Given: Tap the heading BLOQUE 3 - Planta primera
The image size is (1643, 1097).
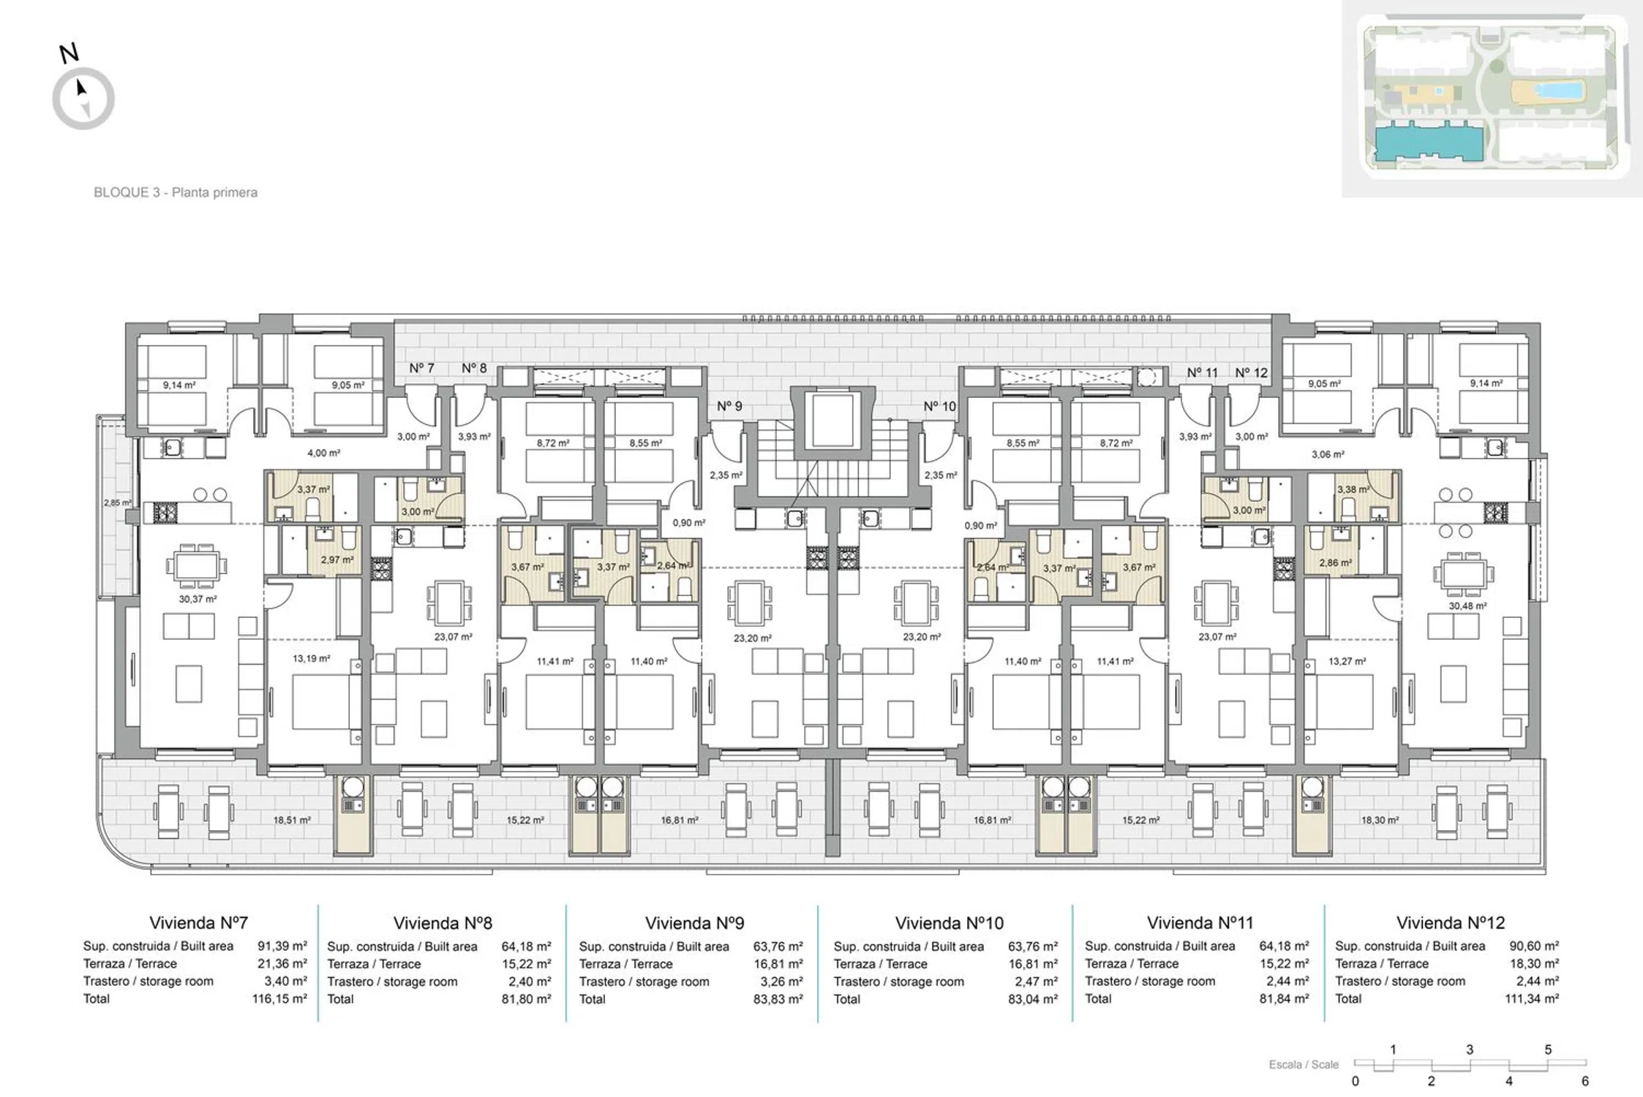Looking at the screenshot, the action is [x=176, y=192].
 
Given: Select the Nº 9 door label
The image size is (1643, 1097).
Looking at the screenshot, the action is [x=729, y=406].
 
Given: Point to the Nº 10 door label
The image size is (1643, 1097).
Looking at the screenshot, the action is [x=939, y=406].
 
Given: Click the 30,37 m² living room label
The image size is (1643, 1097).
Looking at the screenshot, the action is [x=198, y=599].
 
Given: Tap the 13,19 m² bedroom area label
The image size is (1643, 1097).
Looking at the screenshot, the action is [x=312, y=658].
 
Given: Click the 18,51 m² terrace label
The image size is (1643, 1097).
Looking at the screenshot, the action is [x=292, y=821].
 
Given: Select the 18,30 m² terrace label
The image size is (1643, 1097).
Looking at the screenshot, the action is [x=1380, y=821].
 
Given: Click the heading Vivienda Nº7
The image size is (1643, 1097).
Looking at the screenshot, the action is [x=199, y=923].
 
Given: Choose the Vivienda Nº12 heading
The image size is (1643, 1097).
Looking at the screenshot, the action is [x=1451, y=923].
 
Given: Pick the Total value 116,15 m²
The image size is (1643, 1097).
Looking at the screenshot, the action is [x=279, y=999].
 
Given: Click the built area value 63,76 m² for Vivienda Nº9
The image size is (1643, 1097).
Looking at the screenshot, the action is [x=778, y=946].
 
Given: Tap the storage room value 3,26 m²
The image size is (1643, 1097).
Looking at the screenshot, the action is [x=781, y=981].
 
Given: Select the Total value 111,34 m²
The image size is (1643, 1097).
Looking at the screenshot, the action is [x=1532, y=999].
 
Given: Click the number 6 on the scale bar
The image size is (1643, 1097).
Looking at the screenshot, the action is [x=1585, y=1081].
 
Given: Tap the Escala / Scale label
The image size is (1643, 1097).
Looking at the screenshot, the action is [x=1304, y=1065].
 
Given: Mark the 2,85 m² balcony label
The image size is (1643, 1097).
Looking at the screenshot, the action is [x=118, y=503].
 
